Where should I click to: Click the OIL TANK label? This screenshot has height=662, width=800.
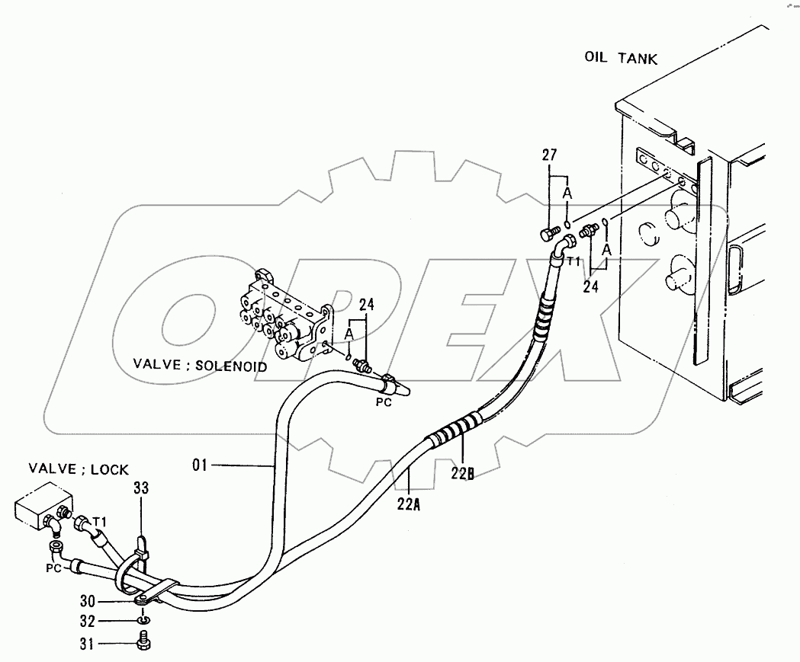pyautogui.click(x=620, y=58)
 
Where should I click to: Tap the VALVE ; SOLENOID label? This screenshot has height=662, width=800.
pyautogui.click(x=200, y=366)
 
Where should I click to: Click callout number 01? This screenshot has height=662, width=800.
pyautogui.click(x=200, y=463)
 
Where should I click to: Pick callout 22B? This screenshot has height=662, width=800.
pyautogui.click(x=462, y=474)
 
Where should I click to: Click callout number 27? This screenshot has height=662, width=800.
pyautogui.click(x=550, y=155)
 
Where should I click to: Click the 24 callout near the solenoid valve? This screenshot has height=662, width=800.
pyautogui.click(x=367, y=305)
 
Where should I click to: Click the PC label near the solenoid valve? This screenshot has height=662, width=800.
pyautogui.click(x=384, y=402)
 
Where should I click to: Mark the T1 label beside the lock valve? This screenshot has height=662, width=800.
pyautogui.click(x=99, y=520)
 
